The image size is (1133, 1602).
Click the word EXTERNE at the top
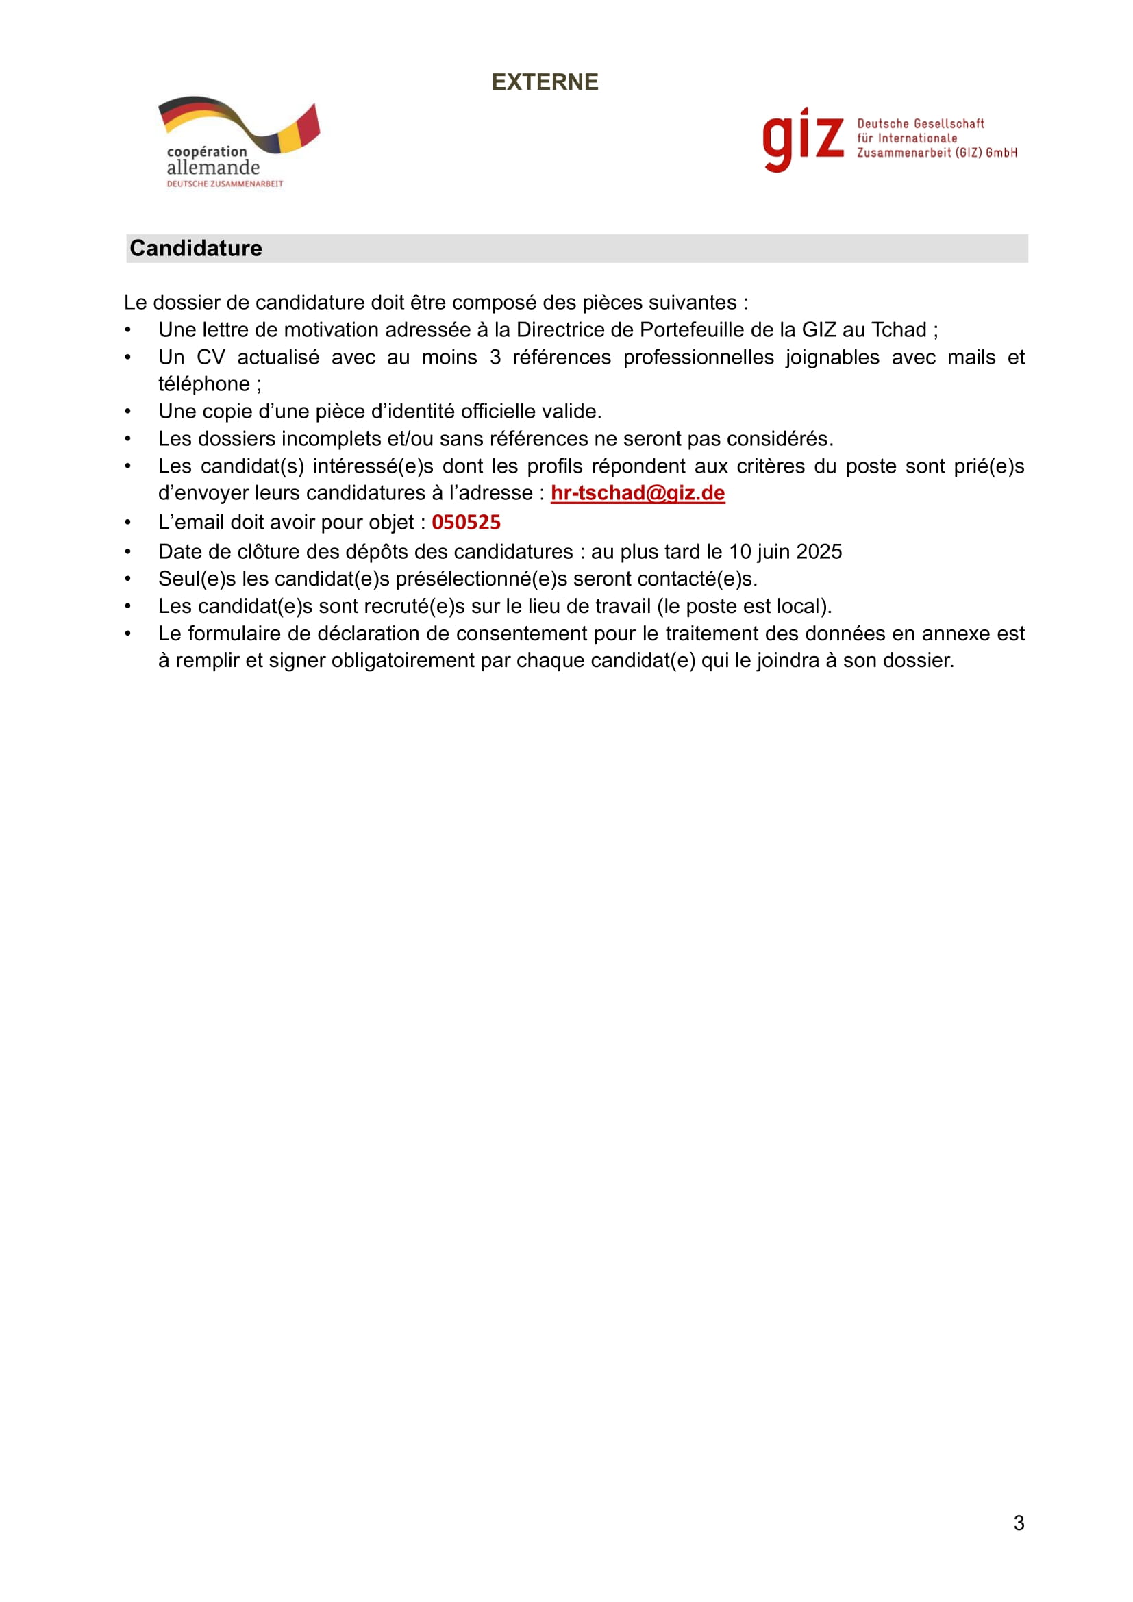(x=544, y=82)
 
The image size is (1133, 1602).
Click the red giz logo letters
(x=802, y=138)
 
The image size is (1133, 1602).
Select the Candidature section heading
(x=196, y=249)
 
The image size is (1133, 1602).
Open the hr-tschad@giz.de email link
(x=637, y=493)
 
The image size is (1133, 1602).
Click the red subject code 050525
(x=466, y=523)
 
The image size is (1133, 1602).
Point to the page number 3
(x=1019, y=1523)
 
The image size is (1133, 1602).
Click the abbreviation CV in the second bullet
(x=211, y=358)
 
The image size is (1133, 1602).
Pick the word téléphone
(x=203, y=384)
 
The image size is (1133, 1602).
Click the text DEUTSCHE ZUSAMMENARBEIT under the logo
(x=225, y=184)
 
